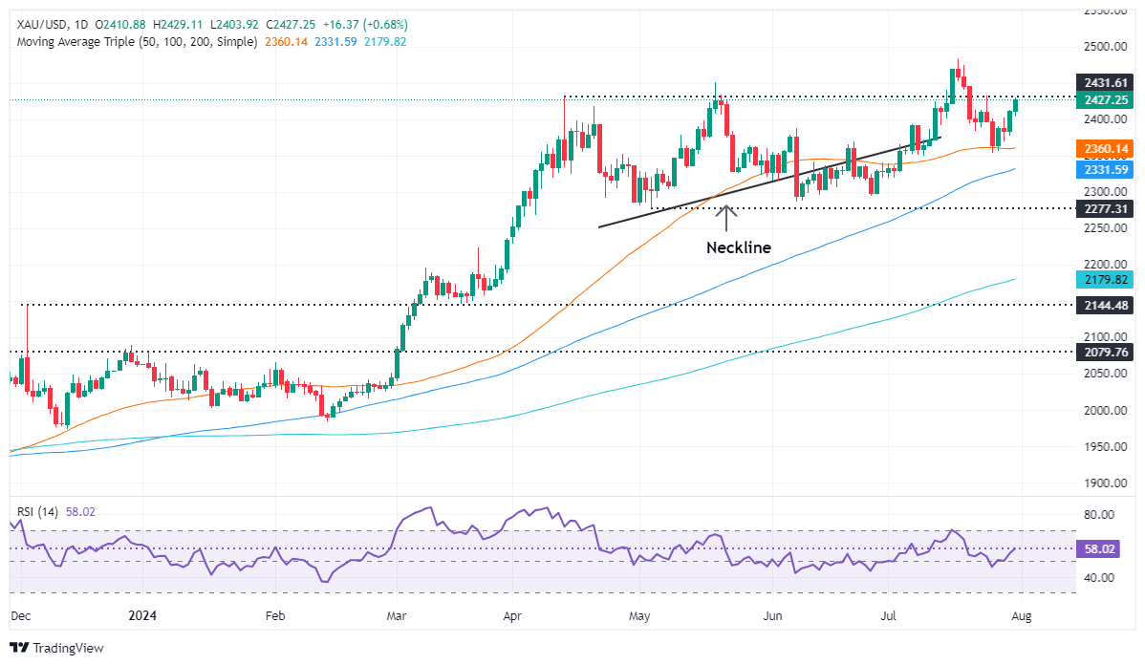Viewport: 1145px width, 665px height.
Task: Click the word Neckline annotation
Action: coord(738,247)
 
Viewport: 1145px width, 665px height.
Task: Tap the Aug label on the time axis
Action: coord(1022,616)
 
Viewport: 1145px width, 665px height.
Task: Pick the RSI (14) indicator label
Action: coord(38,512)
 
